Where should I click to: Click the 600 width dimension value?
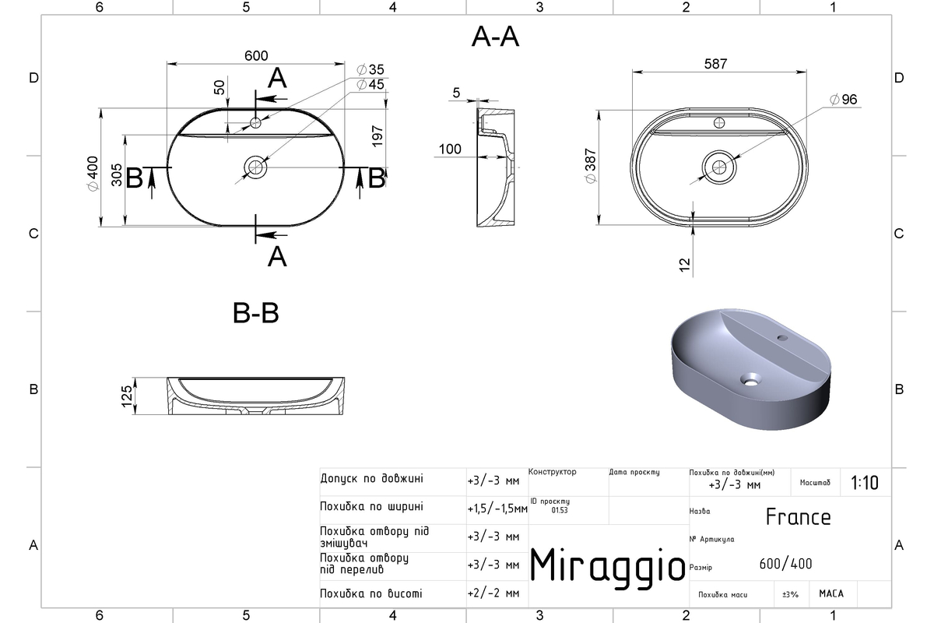tap(256, 55)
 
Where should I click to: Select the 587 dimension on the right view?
tap(715, 64)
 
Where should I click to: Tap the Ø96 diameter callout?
tap(843, 100)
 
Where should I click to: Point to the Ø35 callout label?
tap(370, 69)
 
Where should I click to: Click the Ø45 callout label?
tap(370, 84)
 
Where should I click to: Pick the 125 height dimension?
tap(127, 396)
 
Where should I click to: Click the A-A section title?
tap(495, 37)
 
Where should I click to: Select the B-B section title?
tap(255, 313)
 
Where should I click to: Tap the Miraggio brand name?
tap(608, 567)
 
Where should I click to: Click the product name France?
tap(798, 517)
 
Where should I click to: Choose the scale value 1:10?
tap(865, 483)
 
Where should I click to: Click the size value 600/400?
tap(785, 564)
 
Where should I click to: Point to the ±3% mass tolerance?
tap(790, 595)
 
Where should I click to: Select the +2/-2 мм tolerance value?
tap(493, 593)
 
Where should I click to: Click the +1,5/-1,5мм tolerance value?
tap(497, 509)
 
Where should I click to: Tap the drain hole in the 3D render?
tap(750, 380)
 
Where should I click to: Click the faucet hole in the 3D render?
tap(782, 337)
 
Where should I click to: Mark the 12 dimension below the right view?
tap(685, 265)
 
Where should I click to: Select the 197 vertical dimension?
tap(377, 136)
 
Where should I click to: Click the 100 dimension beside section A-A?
tap(450, 149)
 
